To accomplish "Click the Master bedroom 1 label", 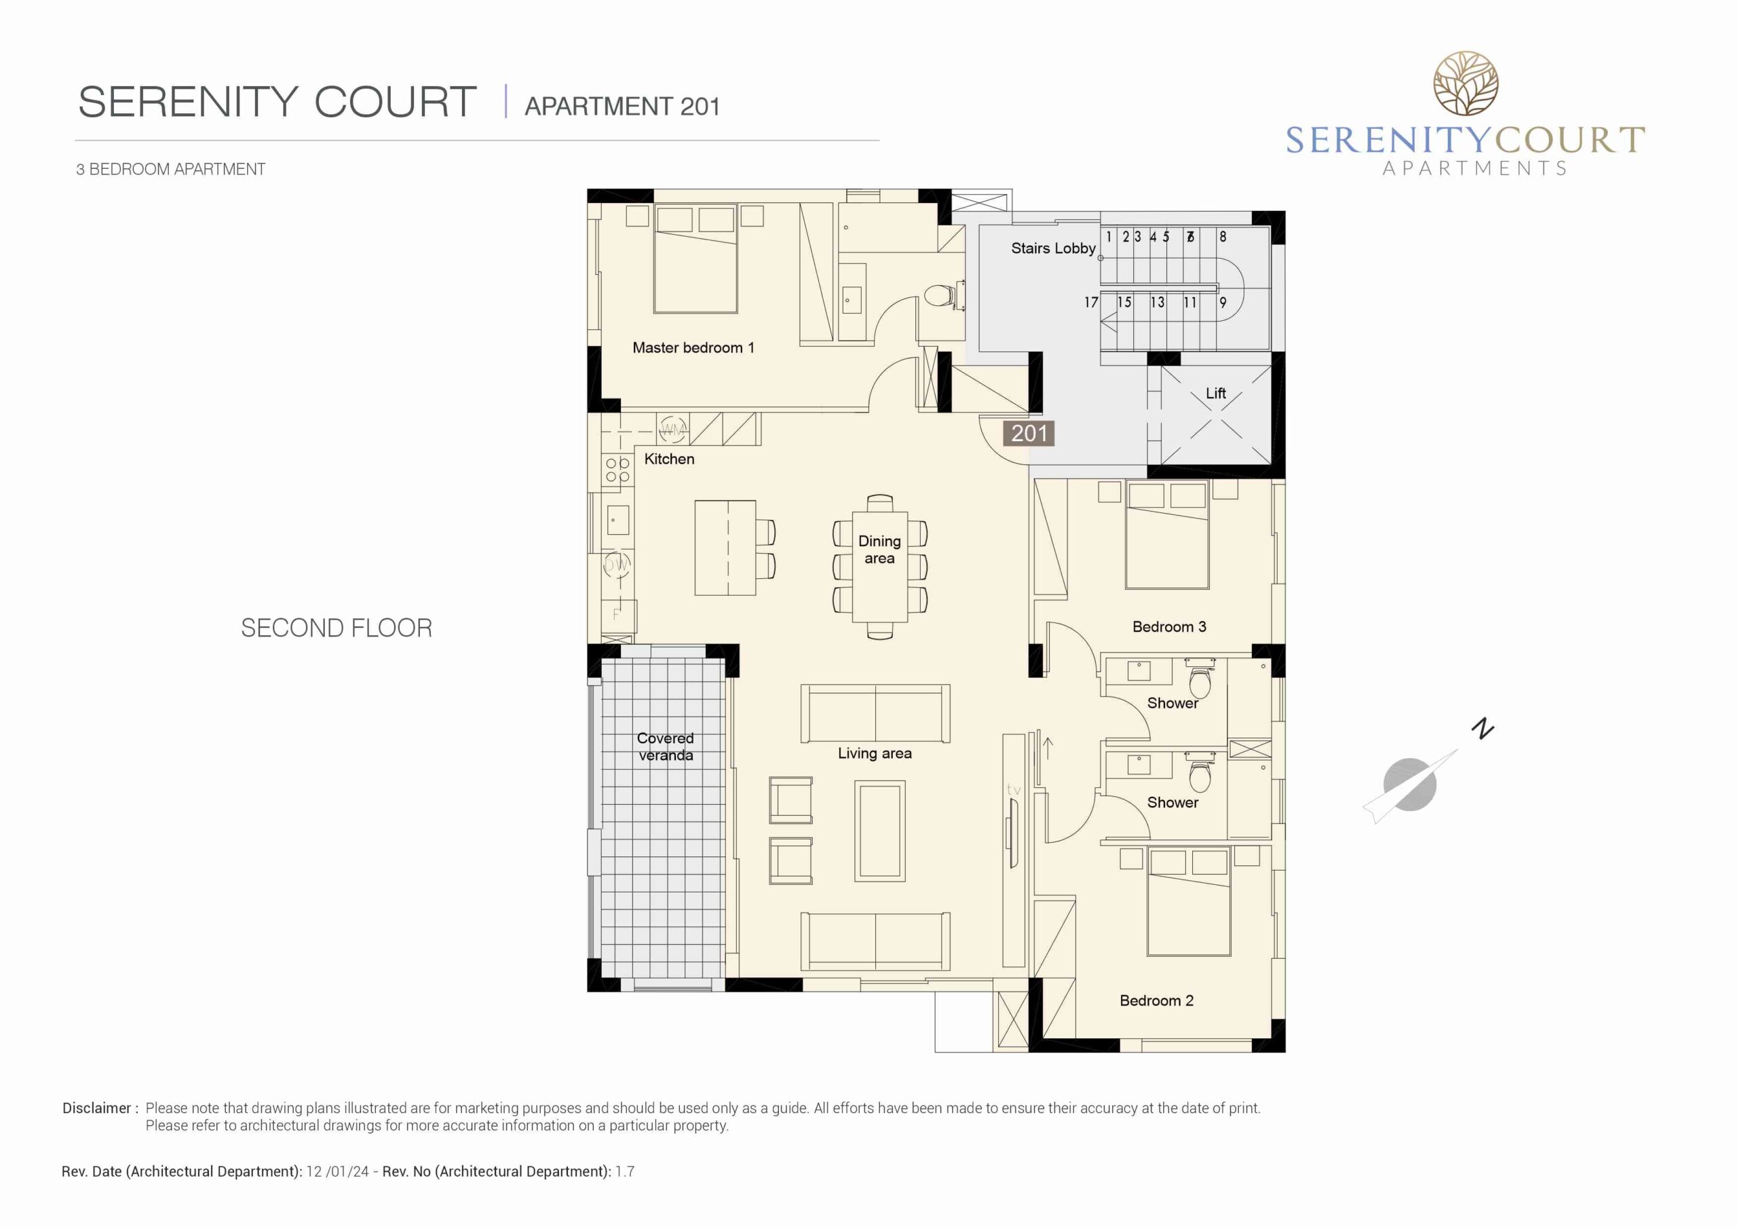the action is point(693,347).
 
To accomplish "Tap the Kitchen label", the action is point(669,459).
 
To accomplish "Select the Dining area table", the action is point(879,567).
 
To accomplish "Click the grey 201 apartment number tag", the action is point(1029,433).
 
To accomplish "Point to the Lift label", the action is point(1216,393).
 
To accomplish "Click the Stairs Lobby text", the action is point(1053,248).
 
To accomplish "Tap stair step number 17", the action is point(1091,302).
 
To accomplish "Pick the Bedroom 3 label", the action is point(1169,626).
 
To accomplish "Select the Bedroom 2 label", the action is point(1156,1000).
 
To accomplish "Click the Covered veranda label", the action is point(665,746).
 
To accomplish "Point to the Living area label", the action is point(875,753).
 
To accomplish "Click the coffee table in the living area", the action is point(880,831).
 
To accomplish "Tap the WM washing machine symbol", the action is point(672,430).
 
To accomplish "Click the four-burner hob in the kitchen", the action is point(617,469).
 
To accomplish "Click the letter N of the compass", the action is point(1483,728).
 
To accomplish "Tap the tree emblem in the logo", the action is point(1466,83).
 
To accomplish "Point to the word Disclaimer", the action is point(97,1108).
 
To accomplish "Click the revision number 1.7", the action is point(624,1171).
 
